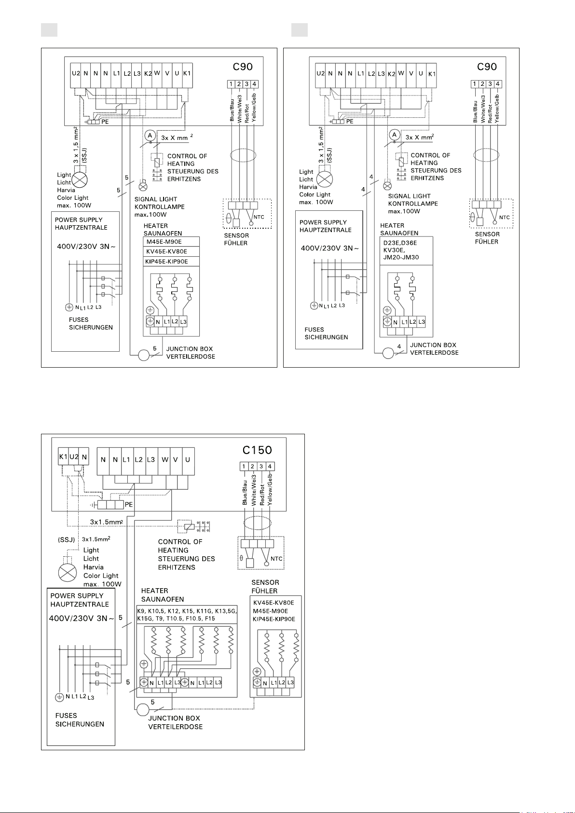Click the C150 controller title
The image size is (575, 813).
click(x=257, y=450)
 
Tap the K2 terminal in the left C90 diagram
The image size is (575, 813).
click(x=148, y=73)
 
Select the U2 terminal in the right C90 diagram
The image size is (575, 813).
click(x=320, y=74)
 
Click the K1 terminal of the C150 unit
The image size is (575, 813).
click(x=63, y=456)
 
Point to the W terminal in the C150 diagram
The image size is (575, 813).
click(x=165, y=460)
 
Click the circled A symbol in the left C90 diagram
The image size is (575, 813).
click(x=150, y=136)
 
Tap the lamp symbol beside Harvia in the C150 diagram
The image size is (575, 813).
click(x=68, y=573)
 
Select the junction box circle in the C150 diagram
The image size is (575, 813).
click(x=143, y=710)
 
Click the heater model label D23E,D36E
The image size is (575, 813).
click(x=400, y=243)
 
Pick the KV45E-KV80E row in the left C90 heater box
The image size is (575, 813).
click(x=167, y=251)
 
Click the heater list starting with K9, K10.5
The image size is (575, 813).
click(x=187, y=615)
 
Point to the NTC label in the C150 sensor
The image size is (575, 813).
click(x=276, y=559)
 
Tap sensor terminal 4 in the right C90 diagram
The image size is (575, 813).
click(x=498, y=84)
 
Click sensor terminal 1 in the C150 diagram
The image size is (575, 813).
click(x=244, y=466)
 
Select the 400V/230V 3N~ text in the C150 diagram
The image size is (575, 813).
click(x=82, y=618)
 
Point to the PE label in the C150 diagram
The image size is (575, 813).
click(x=129, y=505)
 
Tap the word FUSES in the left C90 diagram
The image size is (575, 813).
click(x=79, y=319)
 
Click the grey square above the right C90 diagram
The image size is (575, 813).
click(x=300, y=30)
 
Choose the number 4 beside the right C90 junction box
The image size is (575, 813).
click(x=399, y=346)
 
